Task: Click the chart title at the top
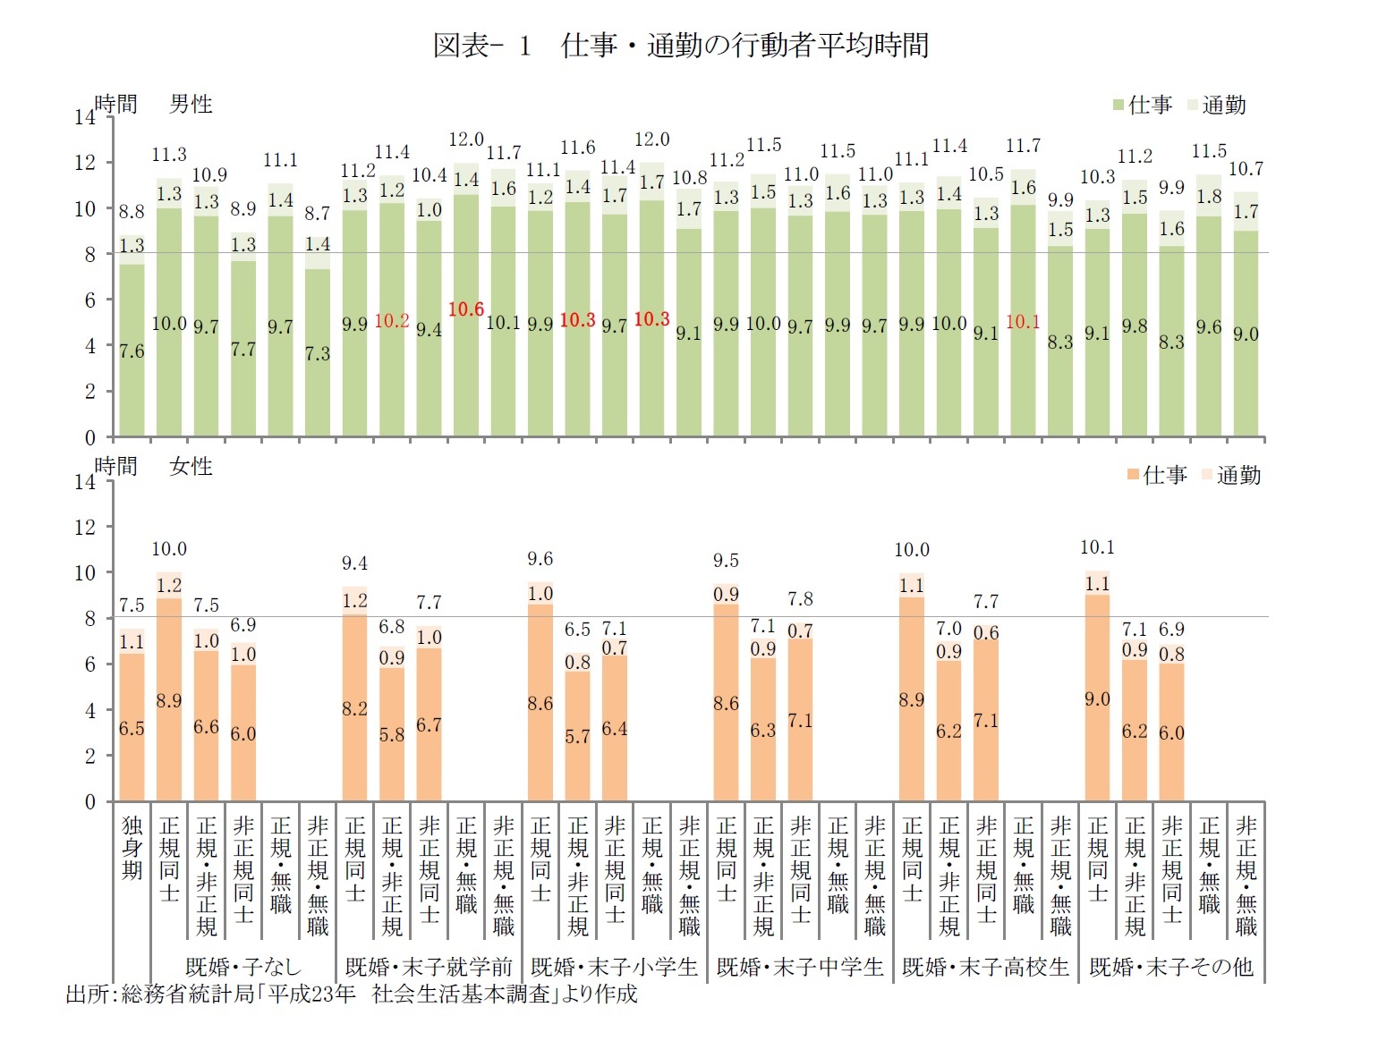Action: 681,46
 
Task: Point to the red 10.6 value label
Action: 466,309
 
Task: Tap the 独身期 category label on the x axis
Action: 132,847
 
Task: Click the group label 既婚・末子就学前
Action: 429,967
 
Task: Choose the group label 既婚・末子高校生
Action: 985,967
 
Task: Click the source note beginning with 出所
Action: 352,994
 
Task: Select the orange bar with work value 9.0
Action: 1097,698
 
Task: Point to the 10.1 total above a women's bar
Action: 1097,546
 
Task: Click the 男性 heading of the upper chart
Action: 191,105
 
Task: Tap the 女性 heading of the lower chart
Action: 191,467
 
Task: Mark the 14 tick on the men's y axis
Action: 85,117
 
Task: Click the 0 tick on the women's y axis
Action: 89,801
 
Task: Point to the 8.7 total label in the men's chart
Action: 318,214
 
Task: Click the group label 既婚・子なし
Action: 243,967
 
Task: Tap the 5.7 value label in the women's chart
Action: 577,736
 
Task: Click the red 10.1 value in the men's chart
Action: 1023,322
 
